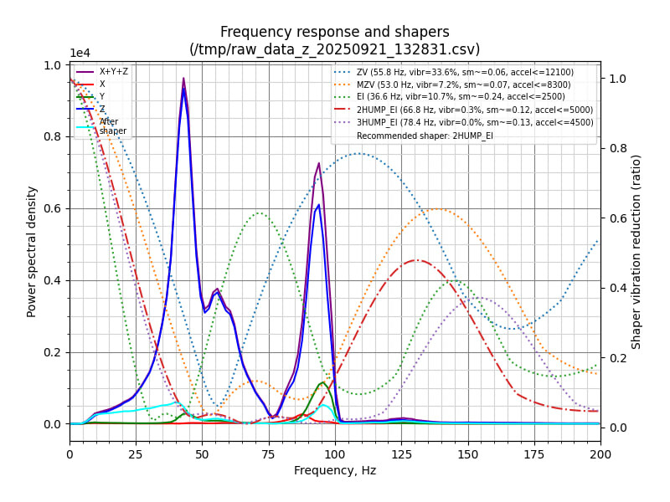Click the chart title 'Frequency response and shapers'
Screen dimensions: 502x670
[334, 32]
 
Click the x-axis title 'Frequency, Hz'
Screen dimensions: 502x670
[334, 470]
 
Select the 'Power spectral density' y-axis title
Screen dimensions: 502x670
[32, 251]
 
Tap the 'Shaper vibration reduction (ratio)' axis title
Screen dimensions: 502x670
[636, 251]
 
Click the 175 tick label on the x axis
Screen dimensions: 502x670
[533, 453]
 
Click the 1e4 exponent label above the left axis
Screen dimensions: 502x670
[80, 54]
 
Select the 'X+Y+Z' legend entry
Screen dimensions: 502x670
[114, 72]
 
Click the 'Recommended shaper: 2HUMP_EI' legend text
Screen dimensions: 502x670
[425, 136]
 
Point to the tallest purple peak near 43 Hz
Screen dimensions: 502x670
[183, 79]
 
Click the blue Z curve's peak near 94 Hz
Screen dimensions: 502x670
[318, 205]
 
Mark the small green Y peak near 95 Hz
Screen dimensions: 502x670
[322, 382]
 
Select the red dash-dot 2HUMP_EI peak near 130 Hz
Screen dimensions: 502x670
[416, 260]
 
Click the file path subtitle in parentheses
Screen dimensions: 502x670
[334, 49]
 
